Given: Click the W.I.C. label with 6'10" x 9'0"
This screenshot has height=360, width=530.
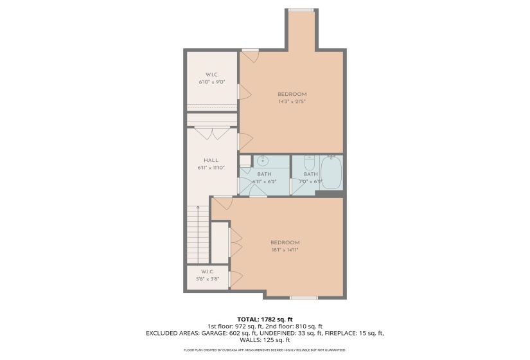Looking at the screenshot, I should (x=211, y=78).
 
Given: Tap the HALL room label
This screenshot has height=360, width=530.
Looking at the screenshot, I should (x=211, y=164).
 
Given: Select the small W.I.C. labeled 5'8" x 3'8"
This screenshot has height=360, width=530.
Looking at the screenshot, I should (x=207, y=275).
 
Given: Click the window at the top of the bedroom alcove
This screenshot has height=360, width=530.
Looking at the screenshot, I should (x=301, y=10).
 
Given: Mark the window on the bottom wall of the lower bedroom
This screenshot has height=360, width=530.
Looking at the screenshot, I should (x=303, y=298).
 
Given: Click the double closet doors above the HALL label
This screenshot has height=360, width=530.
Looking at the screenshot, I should (x=212, y=134).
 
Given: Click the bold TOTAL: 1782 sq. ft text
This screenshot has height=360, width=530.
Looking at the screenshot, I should (x=265, y=319).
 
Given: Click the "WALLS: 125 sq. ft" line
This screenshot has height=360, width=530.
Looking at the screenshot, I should (x=265, y=340).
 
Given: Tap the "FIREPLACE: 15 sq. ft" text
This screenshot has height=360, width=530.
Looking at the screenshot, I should (x=352, y=333).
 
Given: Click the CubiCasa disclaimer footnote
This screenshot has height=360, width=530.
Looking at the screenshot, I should (x=265, y=350).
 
